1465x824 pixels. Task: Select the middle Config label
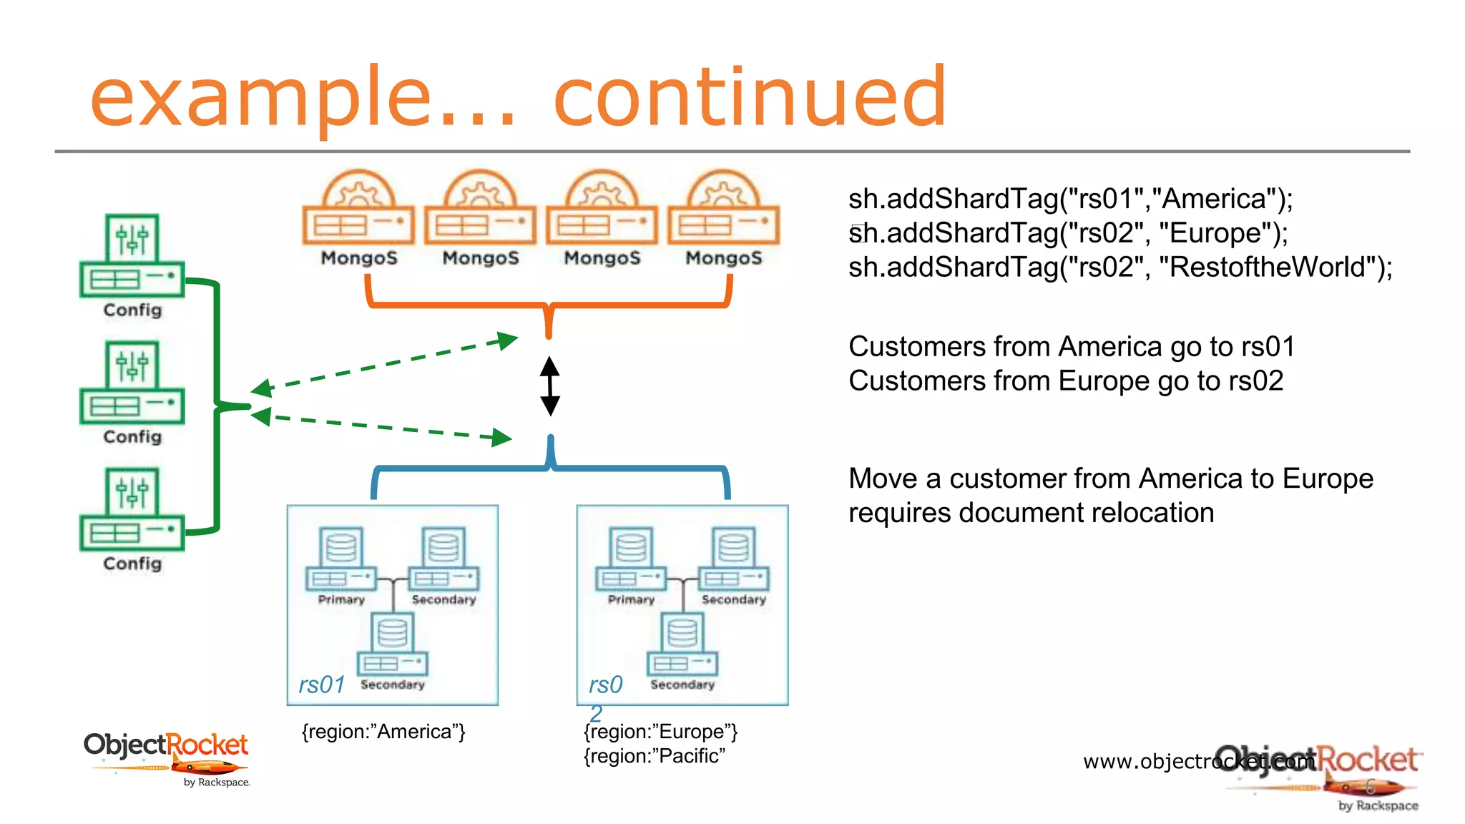click(x=132, y=437)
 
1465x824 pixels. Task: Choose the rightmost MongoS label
click(x=724, y=258)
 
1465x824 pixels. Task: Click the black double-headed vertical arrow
click(x=549, y=386)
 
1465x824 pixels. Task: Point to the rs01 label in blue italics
click(x=322, y=685)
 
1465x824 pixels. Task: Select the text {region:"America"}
click(x=383, y=732)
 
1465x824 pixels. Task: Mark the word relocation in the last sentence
click(x=1152, y=513)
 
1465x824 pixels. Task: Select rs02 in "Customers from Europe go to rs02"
click(x=1256, y=381)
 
